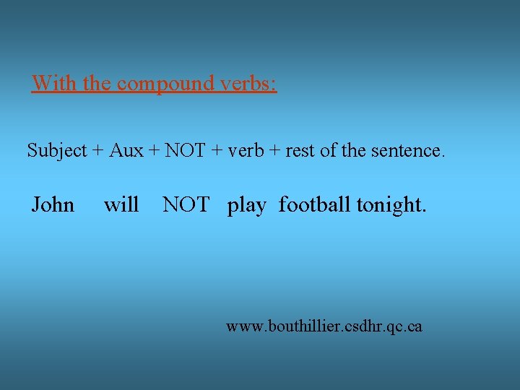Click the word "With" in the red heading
point(55,84)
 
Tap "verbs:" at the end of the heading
point(248,84)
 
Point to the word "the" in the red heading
point(97,84)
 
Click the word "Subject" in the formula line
point(56,151)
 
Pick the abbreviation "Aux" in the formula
point(126,151)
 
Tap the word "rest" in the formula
point(299,151)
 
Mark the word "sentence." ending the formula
point(408,151)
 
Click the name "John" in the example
point(53,205)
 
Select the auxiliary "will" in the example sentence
point(121,205)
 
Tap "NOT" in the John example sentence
point(186,205)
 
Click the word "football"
point(316,205)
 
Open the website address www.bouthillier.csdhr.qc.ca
point(324,327)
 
